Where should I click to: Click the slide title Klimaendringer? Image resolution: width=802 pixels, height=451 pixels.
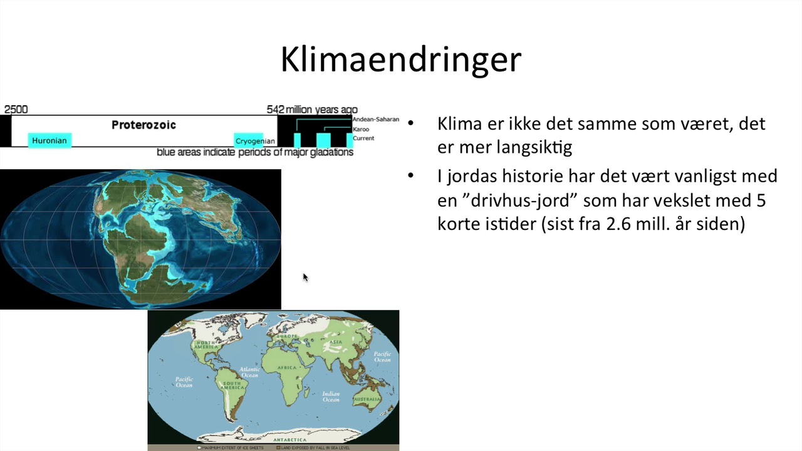400,60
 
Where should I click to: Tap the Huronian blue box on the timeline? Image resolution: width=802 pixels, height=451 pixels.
49,140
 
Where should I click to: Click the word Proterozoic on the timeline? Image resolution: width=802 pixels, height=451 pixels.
143,125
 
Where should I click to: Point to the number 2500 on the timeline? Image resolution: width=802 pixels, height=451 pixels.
16,110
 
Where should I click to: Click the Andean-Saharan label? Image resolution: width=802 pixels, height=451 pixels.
375,120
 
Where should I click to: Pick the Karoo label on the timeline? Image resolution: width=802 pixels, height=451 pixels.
361,129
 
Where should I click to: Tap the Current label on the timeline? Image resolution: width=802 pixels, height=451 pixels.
363,138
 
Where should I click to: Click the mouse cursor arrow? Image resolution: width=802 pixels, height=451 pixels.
305,277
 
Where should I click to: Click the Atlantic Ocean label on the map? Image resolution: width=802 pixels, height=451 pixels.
249,372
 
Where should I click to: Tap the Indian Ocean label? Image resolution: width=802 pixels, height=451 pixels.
331,397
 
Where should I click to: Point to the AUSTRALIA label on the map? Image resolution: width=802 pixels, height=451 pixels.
367,399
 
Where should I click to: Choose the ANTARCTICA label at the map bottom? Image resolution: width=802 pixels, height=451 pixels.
289,440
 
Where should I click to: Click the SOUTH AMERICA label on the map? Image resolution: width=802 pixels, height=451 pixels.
232,386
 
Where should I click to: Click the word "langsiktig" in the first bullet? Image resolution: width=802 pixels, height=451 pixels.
537,147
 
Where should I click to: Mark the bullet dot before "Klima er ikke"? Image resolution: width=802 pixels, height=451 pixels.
411,123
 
